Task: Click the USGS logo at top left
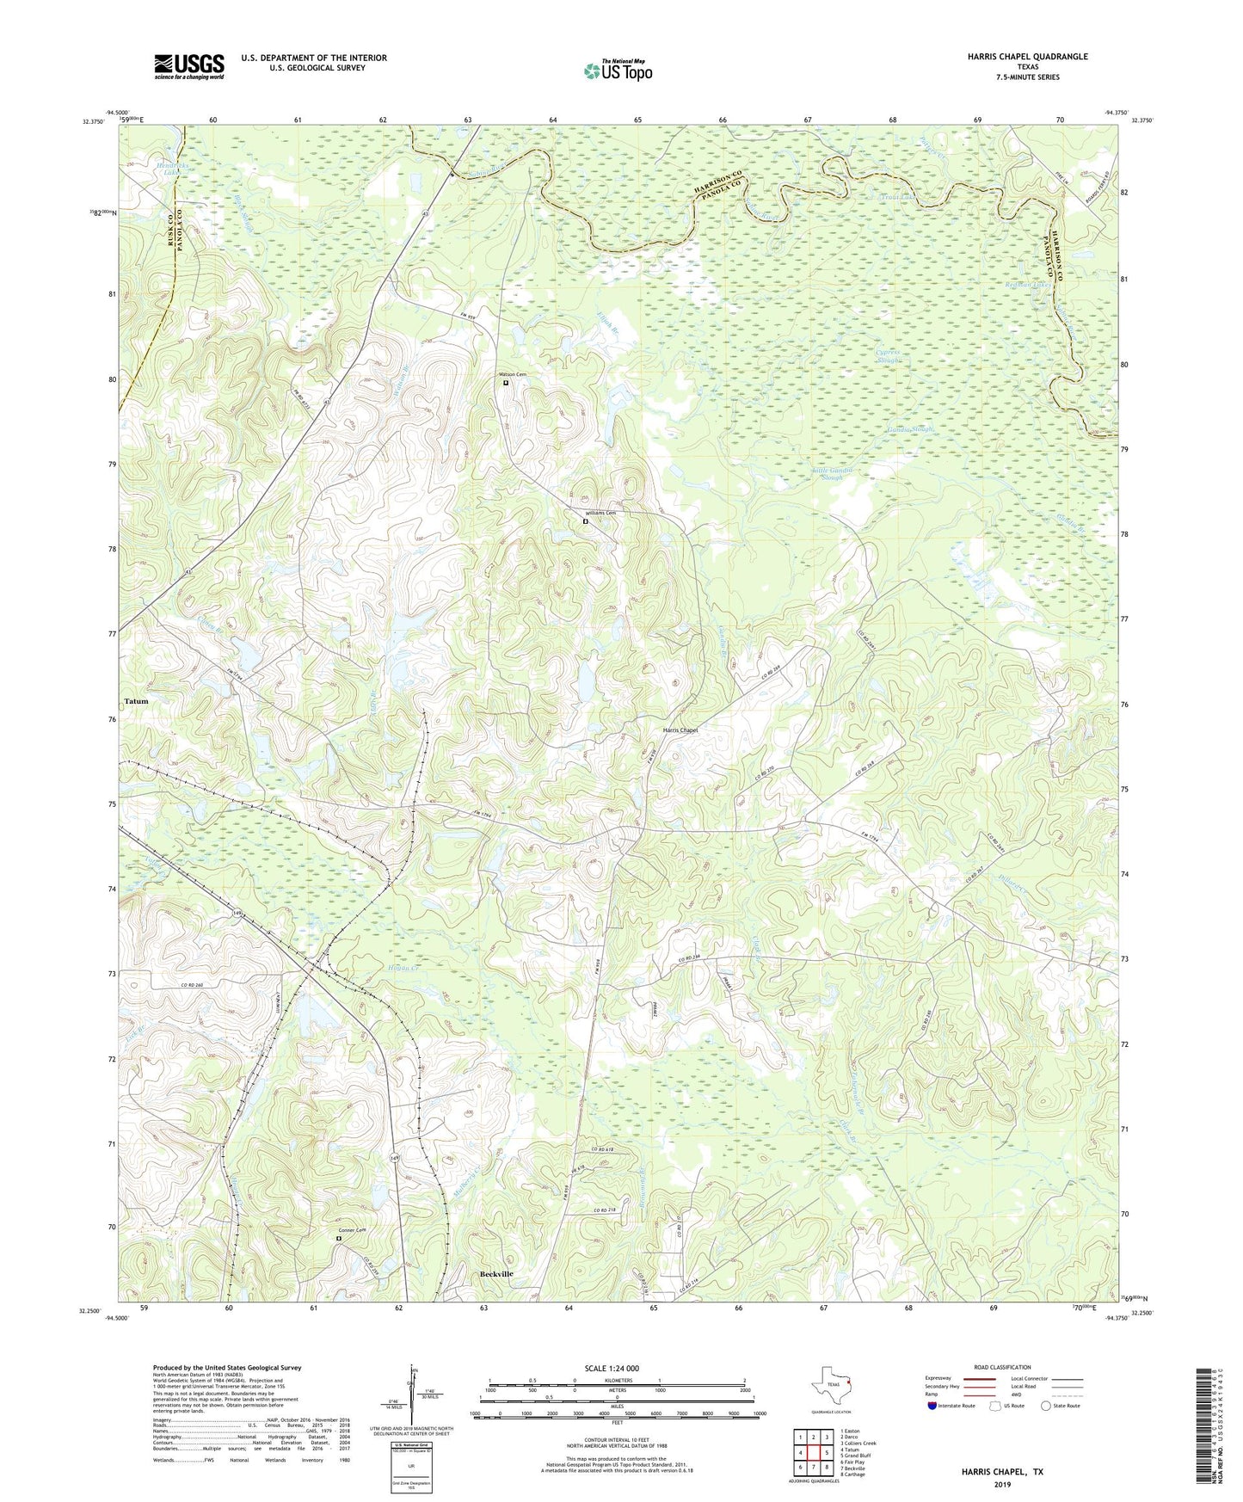pyautogui.click(x=189, y=65)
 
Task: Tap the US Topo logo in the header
pyautogui.click(x=617, y=71)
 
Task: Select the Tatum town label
pyautogui.click(x=136, y=701)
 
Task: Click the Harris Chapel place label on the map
pyautogui.click(x=680, y=730)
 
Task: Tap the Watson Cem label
pyautogui.click(x=513, y=375)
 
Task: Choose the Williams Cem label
pyautogui.click(x=600, y=514)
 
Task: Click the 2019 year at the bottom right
pyautogui.click(x=1002, y=1484)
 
